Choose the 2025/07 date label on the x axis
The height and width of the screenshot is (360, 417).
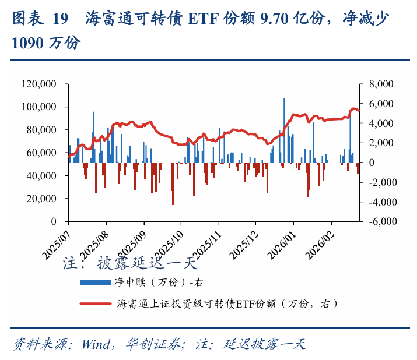(55, 241)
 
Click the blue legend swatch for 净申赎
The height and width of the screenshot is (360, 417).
(94, 283)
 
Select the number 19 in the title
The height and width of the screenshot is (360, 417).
(60, 19)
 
